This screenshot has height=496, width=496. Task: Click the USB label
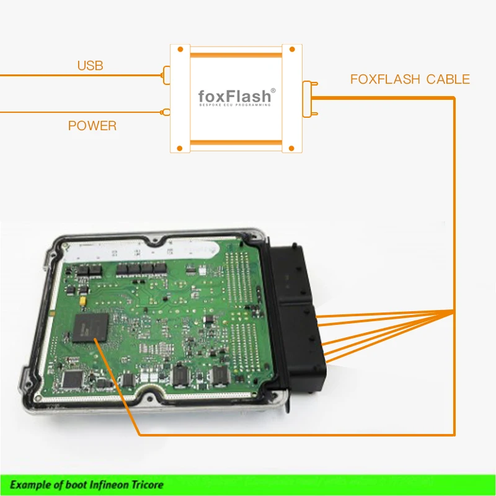coord(90,65)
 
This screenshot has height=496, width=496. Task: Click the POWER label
coord(92,126)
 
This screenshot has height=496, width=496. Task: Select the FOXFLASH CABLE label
coord(410,79)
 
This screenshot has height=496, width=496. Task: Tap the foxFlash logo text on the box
coord(234,96)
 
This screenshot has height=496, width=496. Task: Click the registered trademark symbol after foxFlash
coord(273,91)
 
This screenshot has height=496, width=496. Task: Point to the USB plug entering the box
coord(166,76)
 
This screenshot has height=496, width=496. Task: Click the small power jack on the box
coord(164,112)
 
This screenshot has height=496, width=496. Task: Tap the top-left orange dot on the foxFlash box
coord(180,49)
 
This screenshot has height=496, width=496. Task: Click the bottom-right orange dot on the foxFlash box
coord(290,148)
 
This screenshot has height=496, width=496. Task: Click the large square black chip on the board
coord(90,328)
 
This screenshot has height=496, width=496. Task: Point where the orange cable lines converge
coord(454,311)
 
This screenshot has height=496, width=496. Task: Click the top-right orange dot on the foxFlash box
coord(290,49)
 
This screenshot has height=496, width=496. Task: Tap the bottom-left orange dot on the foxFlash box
coord(180,148)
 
